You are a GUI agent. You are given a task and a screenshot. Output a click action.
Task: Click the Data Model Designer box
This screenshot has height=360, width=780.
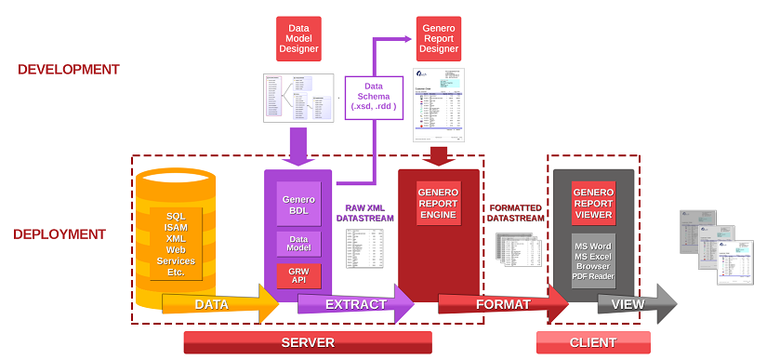pos(298,37)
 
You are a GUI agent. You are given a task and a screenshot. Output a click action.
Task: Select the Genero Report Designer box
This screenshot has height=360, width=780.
pos(437,37)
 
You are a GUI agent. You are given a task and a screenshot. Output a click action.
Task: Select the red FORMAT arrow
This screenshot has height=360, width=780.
pos(502,304)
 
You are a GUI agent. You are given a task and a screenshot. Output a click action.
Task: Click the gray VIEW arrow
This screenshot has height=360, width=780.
pos(633,304)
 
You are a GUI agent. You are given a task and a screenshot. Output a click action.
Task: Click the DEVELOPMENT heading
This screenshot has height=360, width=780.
pos(69,69)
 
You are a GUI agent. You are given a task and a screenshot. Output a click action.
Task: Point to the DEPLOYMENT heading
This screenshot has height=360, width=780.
pos(59,234)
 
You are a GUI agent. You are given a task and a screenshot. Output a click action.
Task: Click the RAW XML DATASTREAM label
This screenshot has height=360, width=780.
pos(364,211)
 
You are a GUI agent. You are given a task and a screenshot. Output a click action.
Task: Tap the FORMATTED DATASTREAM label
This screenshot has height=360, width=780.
pos(516,211)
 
